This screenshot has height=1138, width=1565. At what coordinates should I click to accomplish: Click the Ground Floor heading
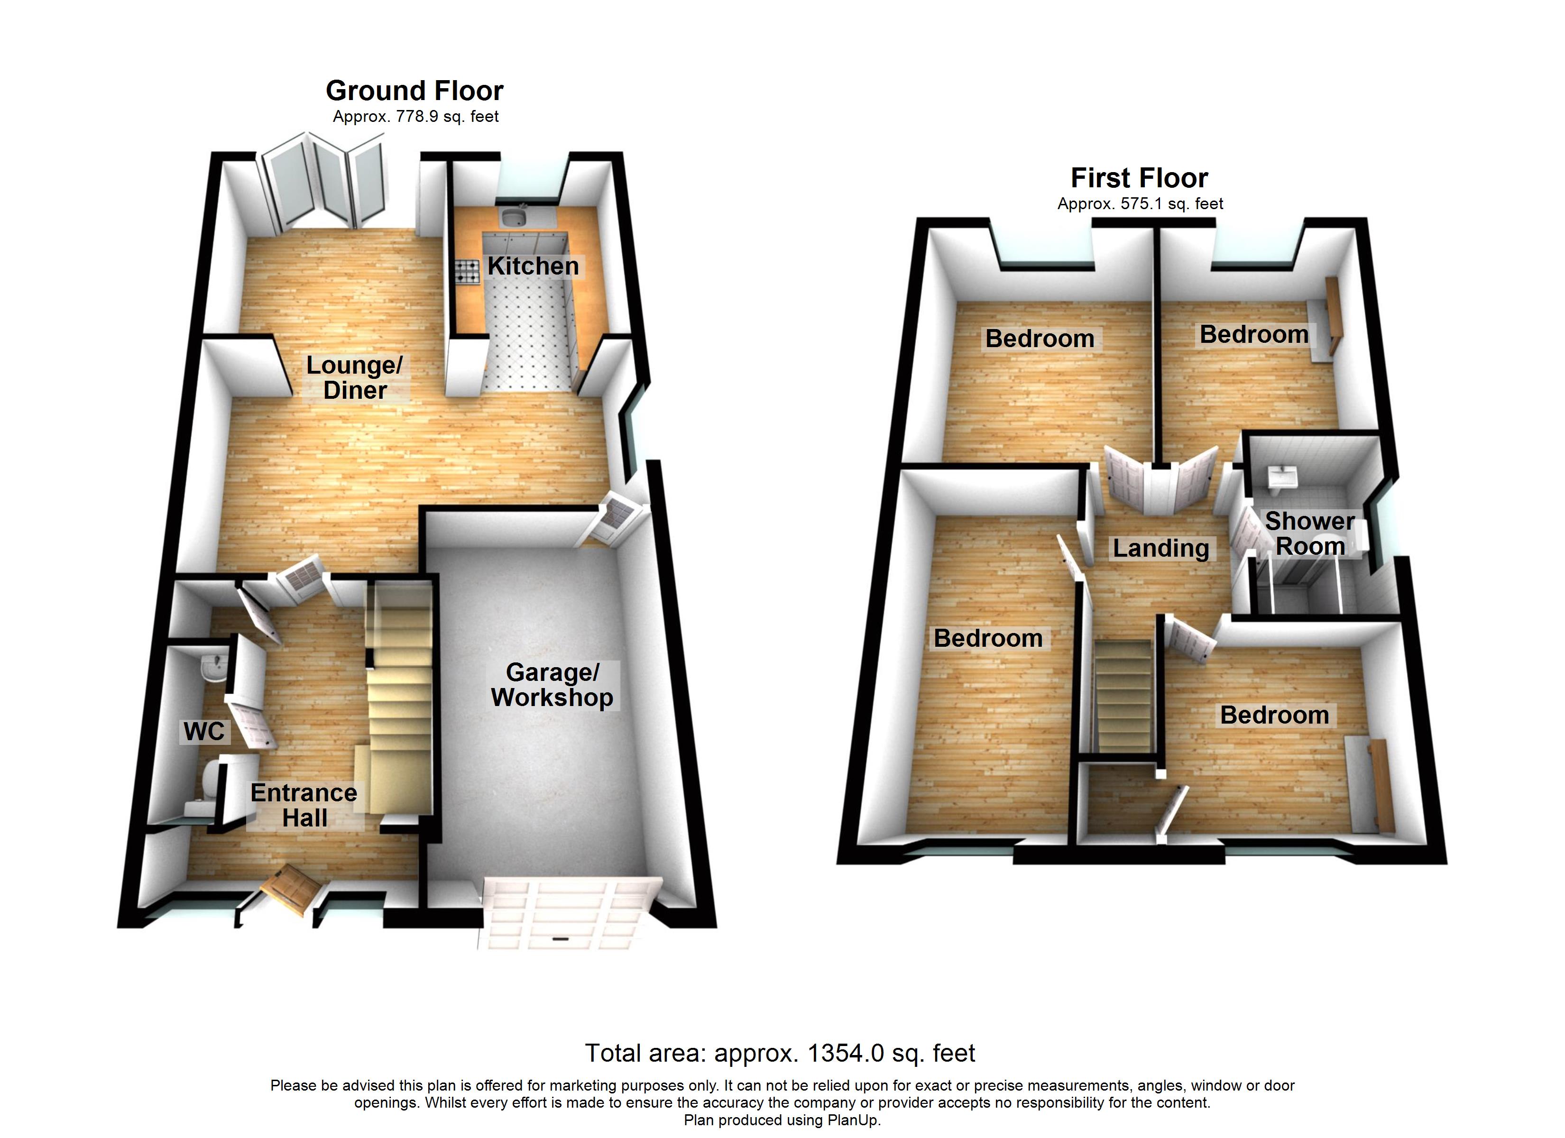414,91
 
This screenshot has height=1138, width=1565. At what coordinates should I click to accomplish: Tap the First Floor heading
1139,178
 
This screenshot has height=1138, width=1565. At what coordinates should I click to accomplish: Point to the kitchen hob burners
467,271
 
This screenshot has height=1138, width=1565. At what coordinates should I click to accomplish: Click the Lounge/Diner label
355,377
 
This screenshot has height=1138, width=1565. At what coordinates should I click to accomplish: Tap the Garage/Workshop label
552,685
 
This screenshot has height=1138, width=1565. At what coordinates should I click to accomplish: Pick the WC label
203,731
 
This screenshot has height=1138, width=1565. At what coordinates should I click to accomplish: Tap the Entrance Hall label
304,805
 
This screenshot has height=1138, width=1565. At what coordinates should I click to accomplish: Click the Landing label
1160,548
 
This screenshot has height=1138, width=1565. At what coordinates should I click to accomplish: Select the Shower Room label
1309,533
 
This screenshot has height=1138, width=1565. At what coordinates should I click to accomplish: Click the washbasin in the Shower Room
1282,477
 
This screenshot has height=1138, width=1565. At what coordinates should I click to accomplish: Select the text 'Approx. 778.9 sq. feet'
415,117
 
